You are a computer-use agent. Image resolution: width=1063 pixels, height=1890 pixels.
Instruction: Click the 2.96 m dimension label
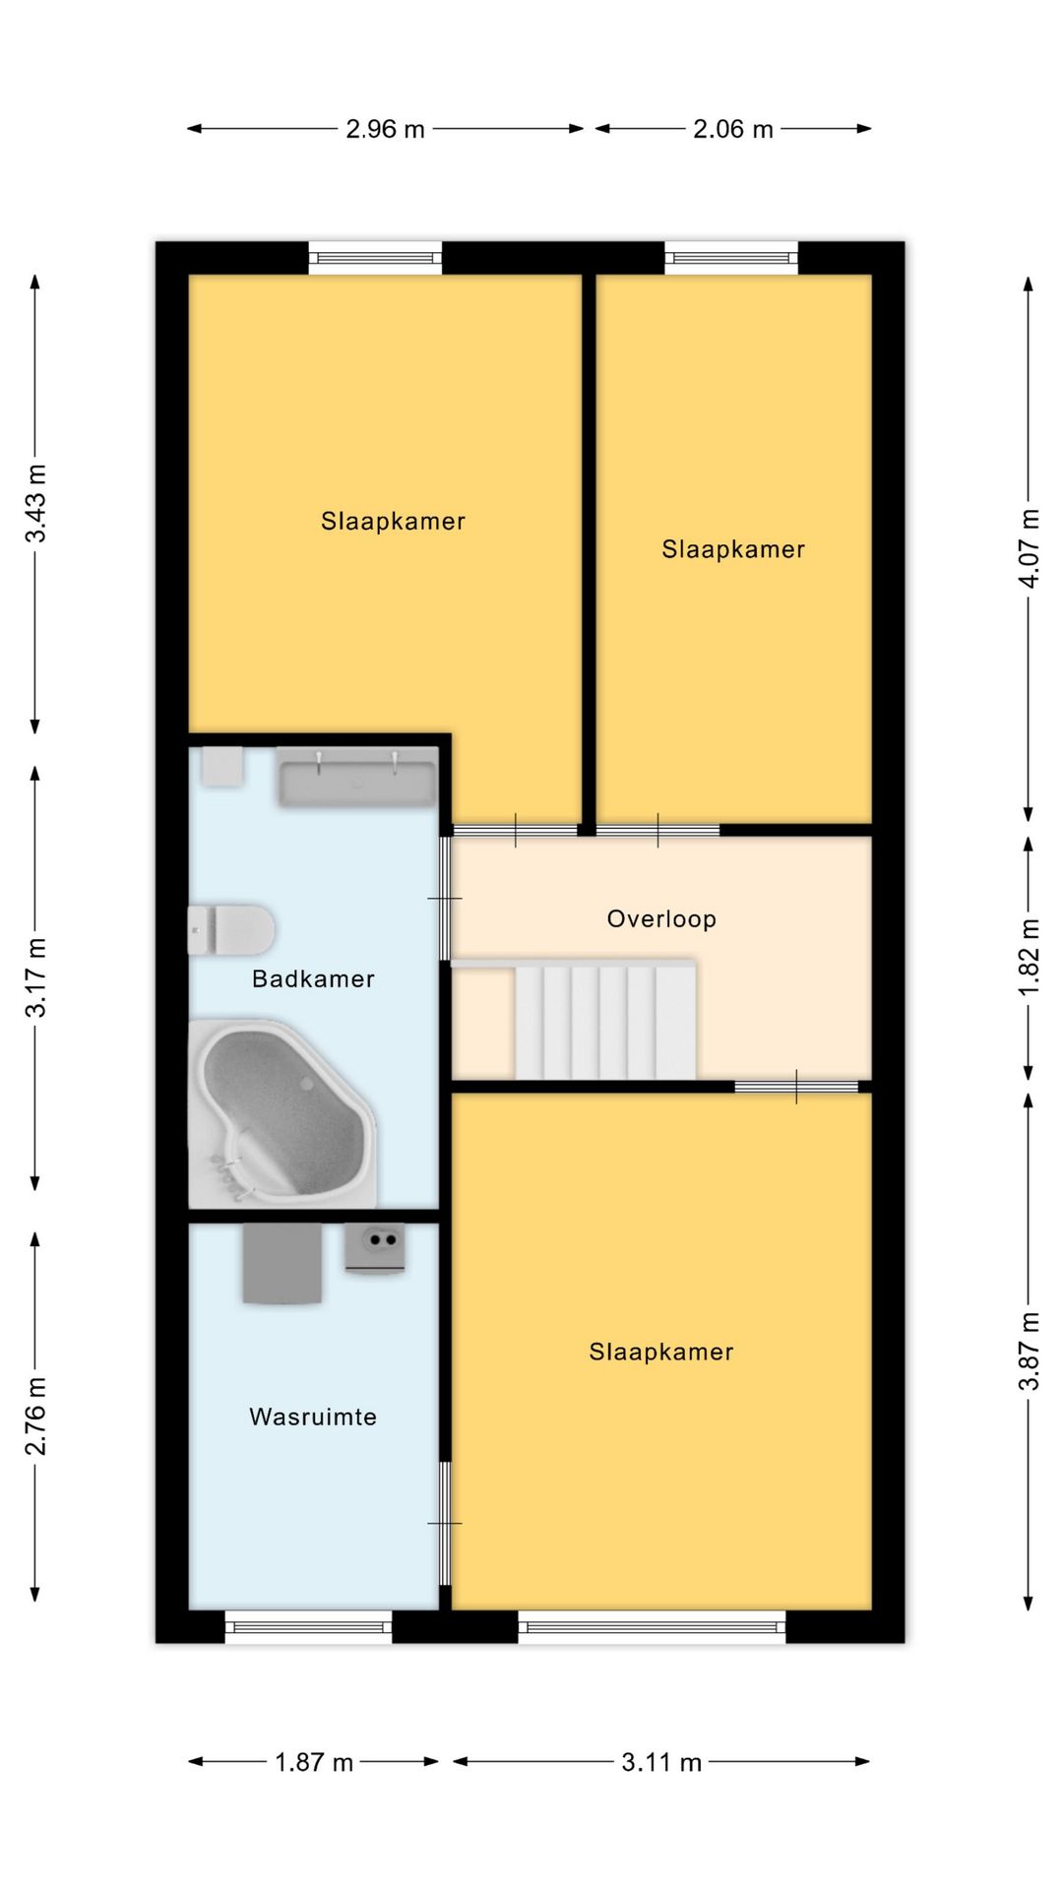385,129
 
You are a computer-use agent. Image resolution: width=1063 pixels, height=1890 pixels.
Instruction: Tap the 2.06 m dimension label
732,129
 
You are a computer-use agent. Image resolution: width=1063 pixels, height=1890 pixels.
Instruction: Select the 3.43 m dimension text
36,503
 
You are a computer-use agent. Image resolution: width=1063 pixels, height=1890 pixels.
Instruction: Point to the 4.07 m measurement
1029,548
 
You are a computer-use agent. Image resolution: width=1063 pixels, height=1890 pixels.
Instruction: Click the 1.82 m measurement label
1029,957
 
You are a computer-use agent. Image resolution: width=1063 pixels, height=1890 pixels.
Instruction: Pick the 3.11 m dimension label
661,1762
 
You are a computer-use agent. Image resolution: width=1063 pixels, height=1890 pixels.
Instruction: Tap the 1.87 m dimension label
314,1762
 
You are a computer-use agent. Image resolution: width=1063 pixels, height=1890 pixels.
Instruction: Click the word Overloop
661,919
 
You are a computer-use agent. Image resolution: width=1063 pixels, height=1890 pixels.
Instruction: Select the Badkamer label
313,978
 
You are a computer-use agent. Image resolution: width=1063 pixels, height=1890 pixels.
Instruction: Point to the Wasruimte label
313,1417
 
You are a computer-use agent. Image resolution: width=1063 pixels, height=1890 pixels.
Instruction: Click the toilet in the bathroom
231,930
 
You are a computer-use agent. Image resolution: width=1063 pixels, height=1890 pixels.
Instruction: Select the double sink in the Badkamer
356,778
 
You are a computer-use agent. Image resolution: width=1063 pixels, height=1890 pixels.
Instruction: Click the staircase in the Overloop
605,1021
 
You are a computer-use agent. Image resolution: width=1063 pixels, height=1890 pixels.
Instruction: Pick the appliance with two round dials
375,1248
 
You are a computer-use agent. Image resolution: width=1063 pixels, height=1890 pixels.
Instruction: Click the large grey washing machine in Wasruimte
282,1263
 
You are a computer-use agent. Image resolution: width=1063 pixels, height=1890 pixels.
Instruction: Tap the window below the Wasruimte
309,1626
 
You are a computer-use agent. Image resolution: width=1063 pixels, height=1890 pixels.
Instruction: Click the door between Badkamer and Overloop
445,898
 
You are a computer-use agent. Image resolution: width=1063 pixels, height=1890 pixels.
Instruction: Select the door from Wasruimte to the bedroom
445,1523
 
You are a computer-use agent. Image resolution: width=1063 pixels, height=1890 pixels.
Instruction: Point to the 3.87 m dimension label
1029,1351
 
